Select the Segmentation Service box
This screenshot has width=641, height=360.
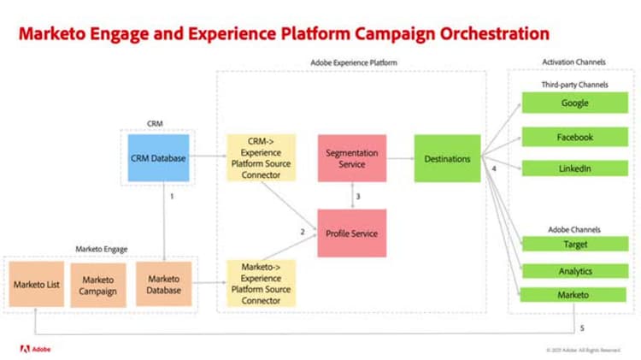click(352, 158)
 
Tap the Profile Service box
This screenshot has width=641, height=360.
click(352, 233)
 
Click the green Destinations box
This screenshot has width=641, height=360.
click(447, 158)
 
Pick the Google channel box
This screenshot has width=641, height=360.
click(575, 103)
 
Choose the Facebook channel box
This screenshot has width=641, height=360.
click(575, 137)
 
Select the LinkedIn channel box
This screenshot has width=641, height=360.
click(575, 168)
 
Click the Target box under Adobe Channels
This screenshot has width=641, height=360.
click(575, 245)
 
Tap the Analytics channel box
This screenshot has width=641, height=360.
click(575, 271)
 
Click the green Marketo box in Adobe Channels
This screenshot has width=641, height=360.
click(575, 296)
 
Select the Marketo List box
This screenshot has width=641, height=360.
click(36, 284)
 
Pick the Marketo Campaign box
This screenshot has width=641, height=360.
click(97, 284)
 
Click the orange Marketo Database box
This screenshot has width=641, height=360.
click(164, 284)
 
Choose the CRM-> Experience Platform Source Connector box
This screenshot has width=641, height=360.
click(261, 158)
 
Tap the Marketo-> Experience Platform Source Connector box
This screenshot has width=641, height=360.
click(261, 283)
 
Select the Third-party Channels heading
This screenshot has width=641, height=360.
click(573, 86)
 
